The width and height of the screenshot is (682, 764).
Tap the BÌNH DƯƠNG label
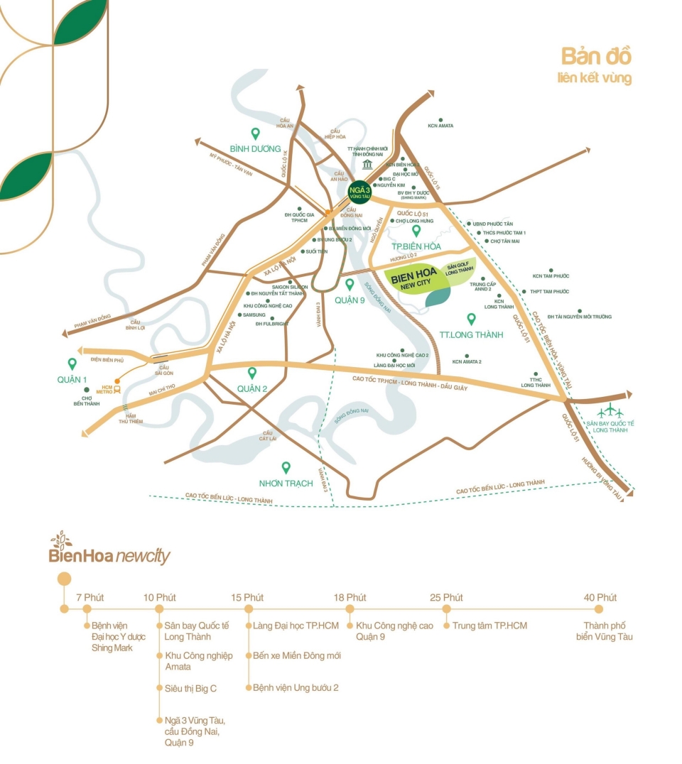255,149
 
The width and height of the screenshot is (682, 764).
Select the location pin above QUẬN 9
349,284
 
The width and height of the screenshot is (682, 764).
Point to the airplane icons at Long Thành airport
610,411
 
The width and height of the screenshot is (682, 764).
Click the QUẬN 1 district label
72,380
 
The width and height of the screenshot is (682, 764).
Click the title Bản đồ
596,56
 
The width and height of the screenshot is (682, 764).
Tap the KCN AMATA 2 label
467,361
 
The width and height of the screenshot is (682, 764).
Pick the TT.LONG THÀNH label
471,334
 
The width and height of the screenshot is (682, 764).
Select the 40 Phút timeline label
600,597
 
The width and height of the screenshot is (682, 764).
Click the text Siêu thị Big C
190,688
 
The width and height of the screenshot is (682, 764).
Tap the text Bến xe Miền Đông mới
296,655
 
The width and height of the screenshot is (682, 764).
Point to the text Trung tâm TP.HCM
489,626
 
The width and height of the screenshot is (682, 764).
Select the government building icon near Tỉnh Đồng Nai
367,165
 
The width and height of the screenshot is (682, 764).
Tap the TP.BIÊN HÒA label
416,246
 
